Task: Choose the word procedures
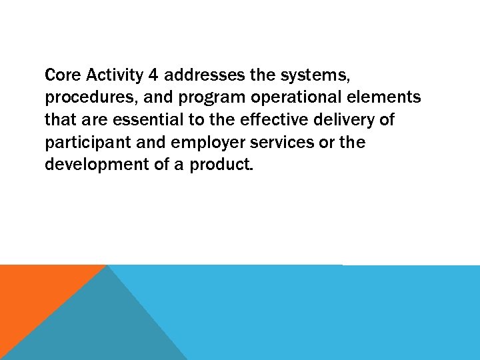click(x=84, y=98)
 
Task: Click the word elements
click(x=386, y=97)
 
